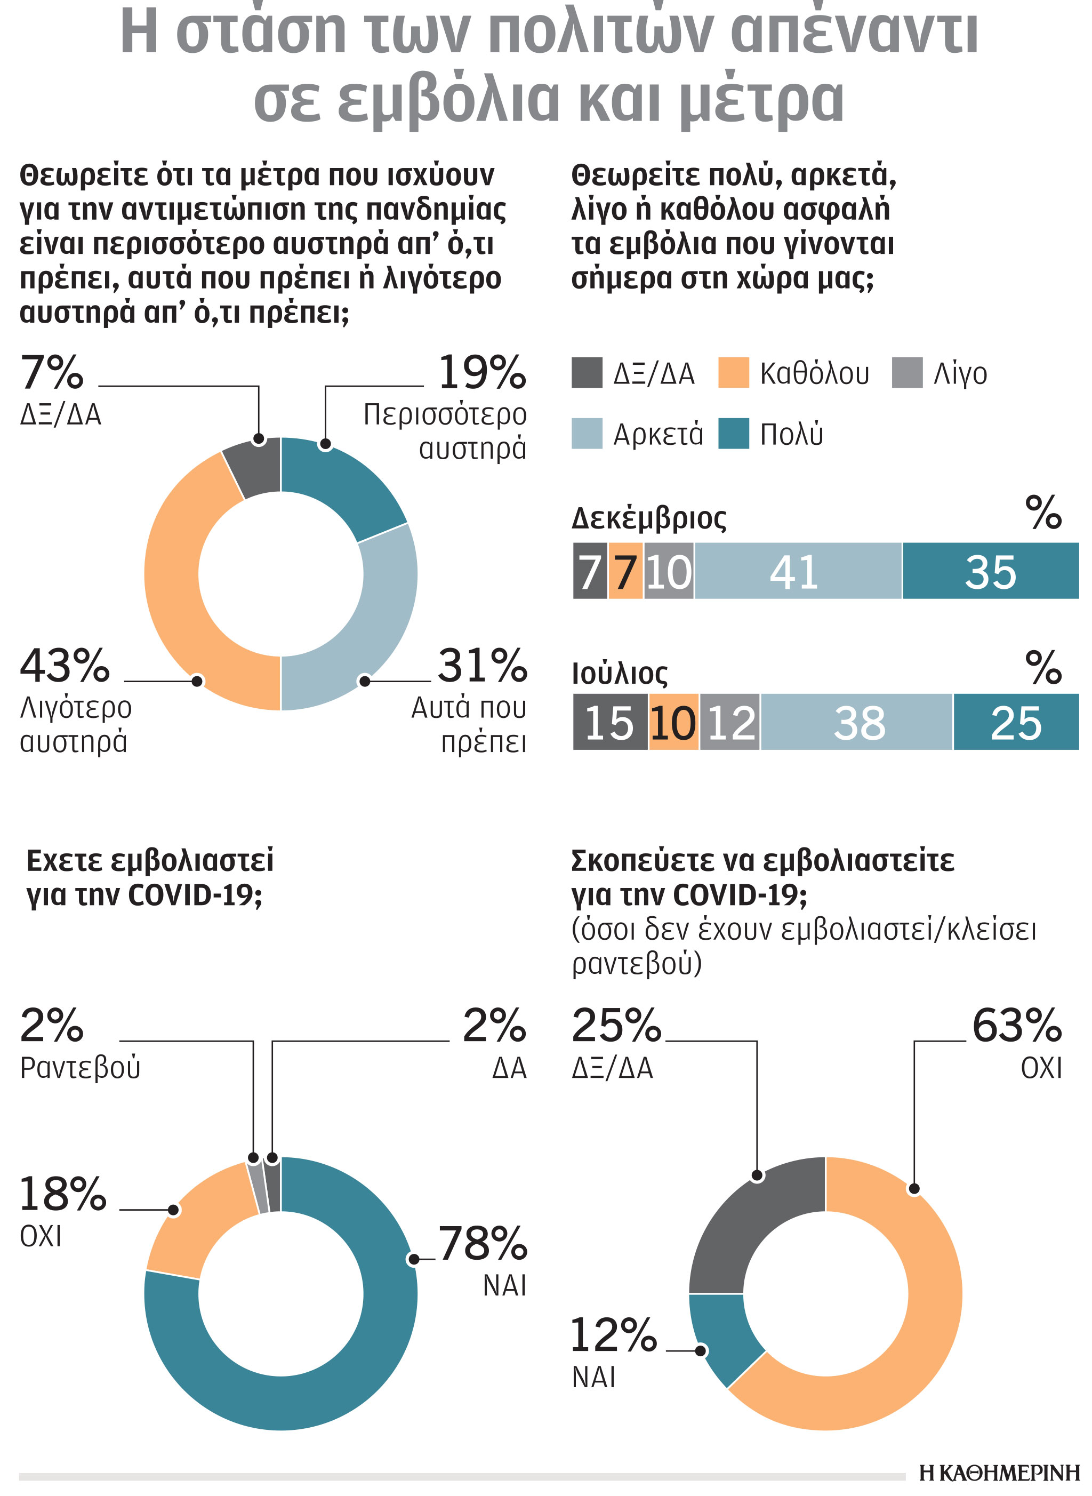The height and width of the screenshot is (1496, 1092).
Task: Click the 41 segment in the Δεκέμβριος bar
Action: [x=798, y=571]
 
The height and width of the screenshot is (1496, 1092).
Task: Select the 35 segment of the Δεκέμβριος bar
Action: [x=990, y=571]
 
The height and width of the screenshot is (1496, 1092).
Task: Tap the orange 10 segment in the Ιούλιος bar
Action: [x=673, y=723]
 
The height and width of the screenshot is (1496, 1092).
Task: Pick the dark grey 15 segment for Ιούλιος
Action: [x=609, y=723]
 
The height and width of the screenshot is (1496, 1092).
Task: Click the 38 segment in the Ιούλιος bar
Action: [x=857, y=723]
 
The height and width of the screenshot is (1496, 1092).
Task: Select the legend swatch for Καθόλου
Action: [x=733, y=373]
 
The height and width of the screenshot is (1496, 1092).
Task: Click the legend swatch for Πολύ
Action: [x=733, y=434]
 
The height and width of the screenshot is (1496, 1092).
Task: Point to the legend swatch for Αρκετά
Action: [x=587, y=434]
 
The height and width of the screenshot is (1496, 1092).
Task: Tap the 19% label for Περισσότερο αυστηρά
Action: [x=482, y=373]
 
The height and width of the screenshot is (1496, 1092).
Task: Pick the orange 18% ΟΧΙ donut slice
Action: [x=192, y=1217]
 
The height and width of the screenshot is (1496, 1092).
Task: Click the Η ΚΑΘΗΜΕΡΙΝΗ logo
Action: [x=999, y=1473]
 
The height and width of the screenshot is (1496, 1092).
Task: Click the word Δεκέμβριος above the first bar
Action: [x=648, y=518]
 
